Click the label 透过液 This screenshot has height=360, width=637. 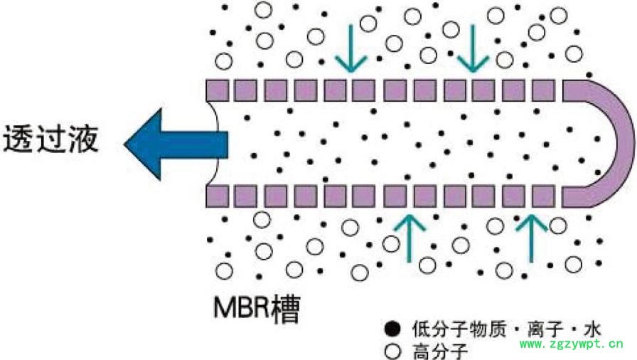[50, 139]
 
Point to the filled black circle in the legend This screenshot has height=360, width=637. [390, 329]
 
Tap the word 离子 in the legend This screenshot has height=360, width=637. [541, 329]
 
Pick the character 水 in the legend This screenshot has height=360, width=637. [591, 329]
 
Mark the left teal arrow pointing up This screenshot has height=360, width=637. [409, 237]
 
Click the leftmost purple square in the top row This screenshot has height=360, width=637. [216, 90]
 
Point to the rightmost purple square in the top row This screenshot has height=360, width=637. [543, 90]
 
